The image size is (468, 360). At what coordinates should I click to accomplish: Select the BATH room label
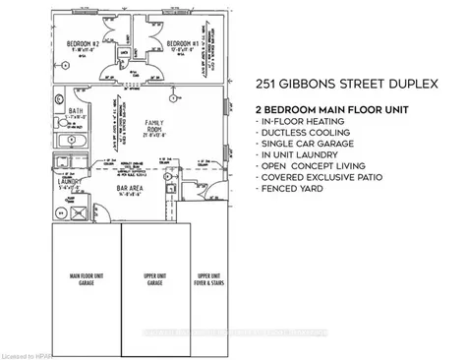(76, 114)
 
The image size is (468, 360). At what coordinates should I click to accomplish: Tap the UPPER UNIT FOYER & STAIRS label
(207, 278)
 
